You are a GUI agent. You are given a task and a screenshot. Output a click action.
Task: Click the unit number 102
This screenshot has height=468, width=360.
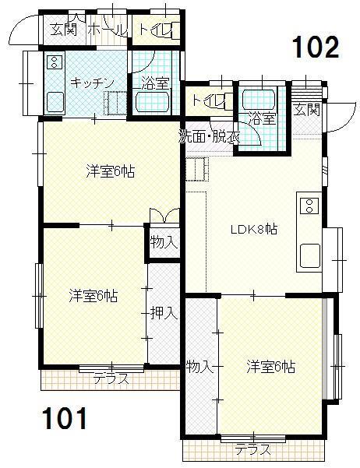tap(316, 48)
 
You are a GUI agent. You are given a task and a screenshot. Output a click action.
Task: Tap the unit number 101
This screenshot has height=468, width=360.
tap(65, 418)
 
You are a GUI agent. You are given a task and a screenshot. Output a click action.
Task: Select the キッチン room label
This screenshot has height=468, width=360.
tap(93, 83)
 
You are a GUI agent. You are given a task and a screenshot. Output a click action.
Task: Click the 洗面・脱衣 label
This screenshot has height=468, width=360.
tap(210, 137)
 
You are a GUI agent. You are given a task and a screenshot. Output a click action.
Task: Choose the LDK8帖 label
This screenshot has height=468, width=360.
tap(254, 229)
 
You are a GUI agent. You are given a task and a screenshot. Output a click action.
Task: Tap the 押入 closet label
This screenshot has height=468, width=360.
tap(164, 313)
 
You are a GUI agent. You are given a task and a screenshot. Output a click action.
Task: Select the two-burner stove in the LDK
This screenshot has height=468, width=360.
tap(309, 206)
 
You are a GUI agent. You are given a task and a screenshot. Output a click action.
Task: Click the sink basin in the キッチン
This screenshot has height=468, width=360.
tap(55, 101)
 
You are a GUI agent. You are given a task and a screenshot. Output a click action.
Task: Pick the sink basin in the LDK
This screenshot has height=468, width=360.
tap(310, 255)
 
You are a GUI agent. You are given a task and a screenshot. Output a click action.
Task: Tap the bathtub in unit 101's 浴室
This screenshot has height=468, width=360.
tap(153, 101)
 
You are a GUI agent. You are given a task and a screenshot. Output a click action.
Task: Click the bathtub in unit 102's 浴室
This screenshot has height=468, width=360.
tap(258, 100)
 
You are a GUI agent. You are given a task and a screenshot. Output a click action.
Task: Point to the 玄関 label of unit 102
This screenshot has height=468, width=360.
tap(306, 110)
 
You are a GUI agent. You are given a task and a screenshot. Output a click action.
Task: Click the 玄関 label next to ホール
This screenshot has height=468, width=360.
tap(64, 30)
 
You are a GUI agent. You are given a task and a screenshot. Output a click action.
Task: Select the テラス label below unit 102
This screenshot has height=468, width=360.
tap(252, 449)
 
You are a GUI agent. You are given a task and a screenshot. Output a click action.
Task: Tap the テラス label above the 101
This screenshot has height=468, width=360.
tap(111, 379)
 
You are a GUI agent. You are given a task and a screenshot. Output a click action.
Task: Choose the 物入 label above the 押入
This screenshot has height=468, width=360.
tap(164, 241)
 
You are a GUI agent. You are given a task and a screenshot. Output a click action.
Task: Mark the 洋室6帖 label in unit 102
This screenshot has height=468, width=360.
tap(271, 367)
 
